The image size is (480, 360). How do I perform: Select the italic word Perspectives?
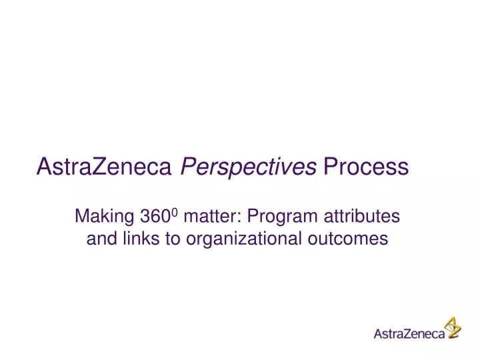click(x=249, y=167)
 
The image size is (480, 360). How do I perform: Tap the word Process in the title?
click(x=365, y=167)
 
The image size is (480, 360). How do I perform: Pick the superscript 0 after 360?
click(x=175, y=212)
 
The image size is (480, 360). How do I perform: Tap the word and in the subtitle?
click(x=101, y=239)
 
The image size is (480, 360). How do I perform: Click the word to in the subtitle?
click(x=173, y=239)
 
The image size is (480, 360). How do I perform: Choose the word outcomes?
click(x=347, y=239)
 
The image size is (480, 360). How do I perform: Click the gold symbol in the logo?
click(x=453, y=327)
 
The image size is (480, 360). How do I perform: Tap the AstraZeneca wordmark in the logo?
click(x=409, y=334)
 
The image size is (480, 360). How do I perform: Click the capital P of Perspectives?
click(x=188, y=167)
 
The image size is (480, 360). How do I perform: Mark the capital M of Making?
click(x=81, y=217)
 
